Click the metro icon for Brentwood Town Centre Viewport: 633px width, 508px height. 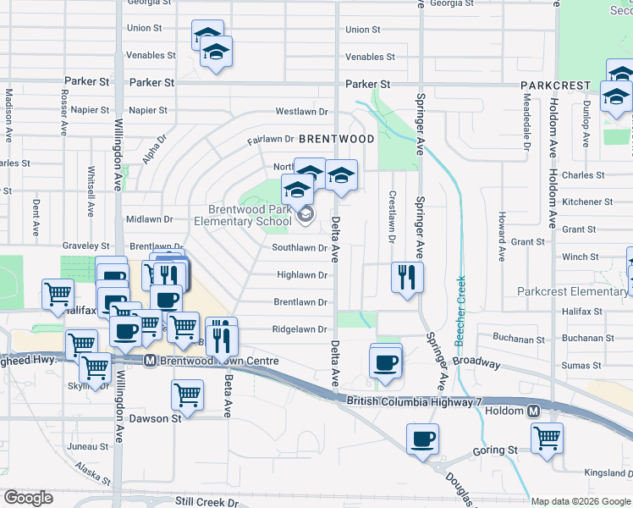point(150,361)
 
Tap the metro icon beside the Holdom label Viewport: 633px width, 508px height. point(534,411)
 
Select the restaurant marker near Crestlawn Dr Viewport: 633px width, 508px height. point(407,277)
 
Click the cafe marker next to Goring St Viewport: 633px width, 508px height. point(422,439)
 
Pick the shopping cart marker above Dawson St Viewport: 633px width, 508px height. point(186,394)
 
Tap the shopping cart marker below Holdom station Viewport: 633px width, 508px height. point(548,439)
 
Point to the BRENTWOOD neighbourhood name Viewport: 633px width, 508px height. point(336,138)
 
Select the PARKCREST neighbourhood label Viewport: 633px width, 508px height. point(555,86)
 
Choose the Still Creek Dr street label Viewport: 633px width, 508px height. point(209,501)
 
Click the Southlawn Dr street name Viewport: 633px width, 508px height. point(300,248)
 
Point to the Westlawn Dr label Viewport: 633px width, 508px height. point(301,111)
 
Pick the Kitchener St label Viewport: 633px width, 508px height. point(587,202)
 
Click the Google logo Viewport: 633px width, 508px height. point(28,498)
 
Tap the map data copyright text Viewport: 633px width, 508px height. point(580,501)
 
